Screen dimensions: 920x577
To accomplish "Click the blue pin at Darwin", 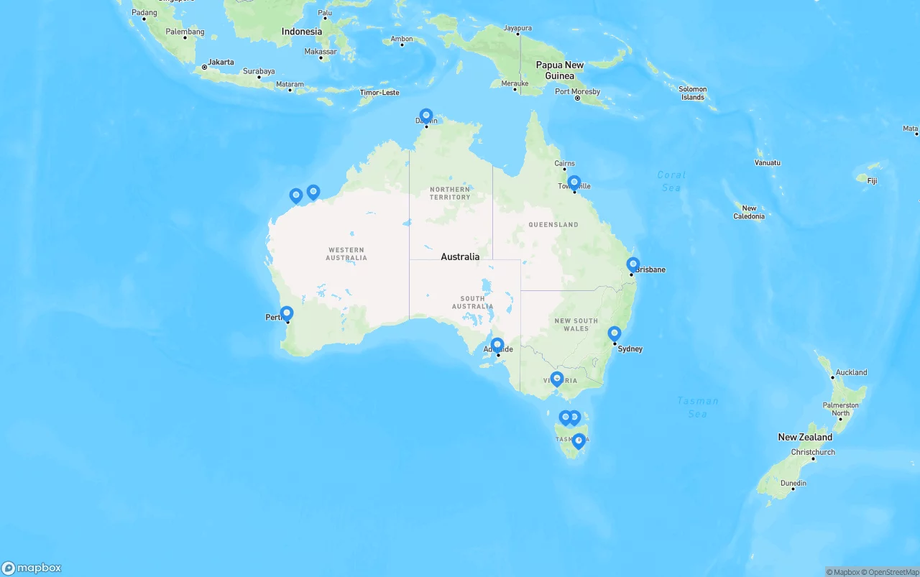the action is [x=426, y=116].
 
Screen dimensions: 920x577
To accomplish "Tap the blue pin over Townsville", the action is [x=574, y=183].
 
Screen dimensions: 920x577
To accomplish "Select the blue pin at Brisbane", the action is [x=632, y=264].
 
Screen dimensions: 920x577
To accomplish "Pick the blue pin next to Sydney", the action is [x=614, y=333].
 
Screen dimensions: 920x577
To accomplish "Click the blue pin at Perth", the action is [x=287, y=313].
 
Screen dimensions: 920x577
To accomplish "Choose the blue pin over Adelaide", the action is [x=497, y=345].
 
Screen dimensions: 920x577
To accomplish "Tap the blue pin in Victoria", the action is [x=557, y=379].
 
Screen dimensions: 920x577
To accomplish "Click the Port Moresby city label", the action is [x=577, y=92].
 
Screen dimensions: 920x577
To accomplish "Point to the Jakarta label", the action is [x=221, y=62].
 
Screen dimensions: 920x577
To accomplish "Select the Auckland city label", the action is [x=851, y=372].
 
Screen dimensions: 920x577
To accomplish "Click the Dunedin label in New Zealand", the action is [x=793, y=483].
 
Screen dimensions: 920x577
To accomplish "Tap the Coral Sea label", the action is [x=671, y=181].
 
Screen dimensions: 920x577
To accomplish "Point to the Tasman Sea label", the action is [x=697, y=407].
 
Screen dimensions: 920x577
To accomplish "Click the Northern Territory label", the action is [x=450, y=193].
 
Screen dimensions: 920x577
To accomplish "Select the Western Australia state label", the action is [x=346, y=254].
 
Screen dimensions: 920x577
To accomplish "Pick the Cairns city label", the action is [x=565, y=163].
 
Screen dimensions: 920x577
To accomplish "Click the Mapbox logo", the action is [x=32, y=568].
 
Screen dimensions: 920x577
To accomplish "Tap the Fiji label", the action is [x=872, y=180].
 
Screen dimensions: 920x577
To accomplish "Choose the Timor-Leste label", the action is [x=379, y=93].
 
